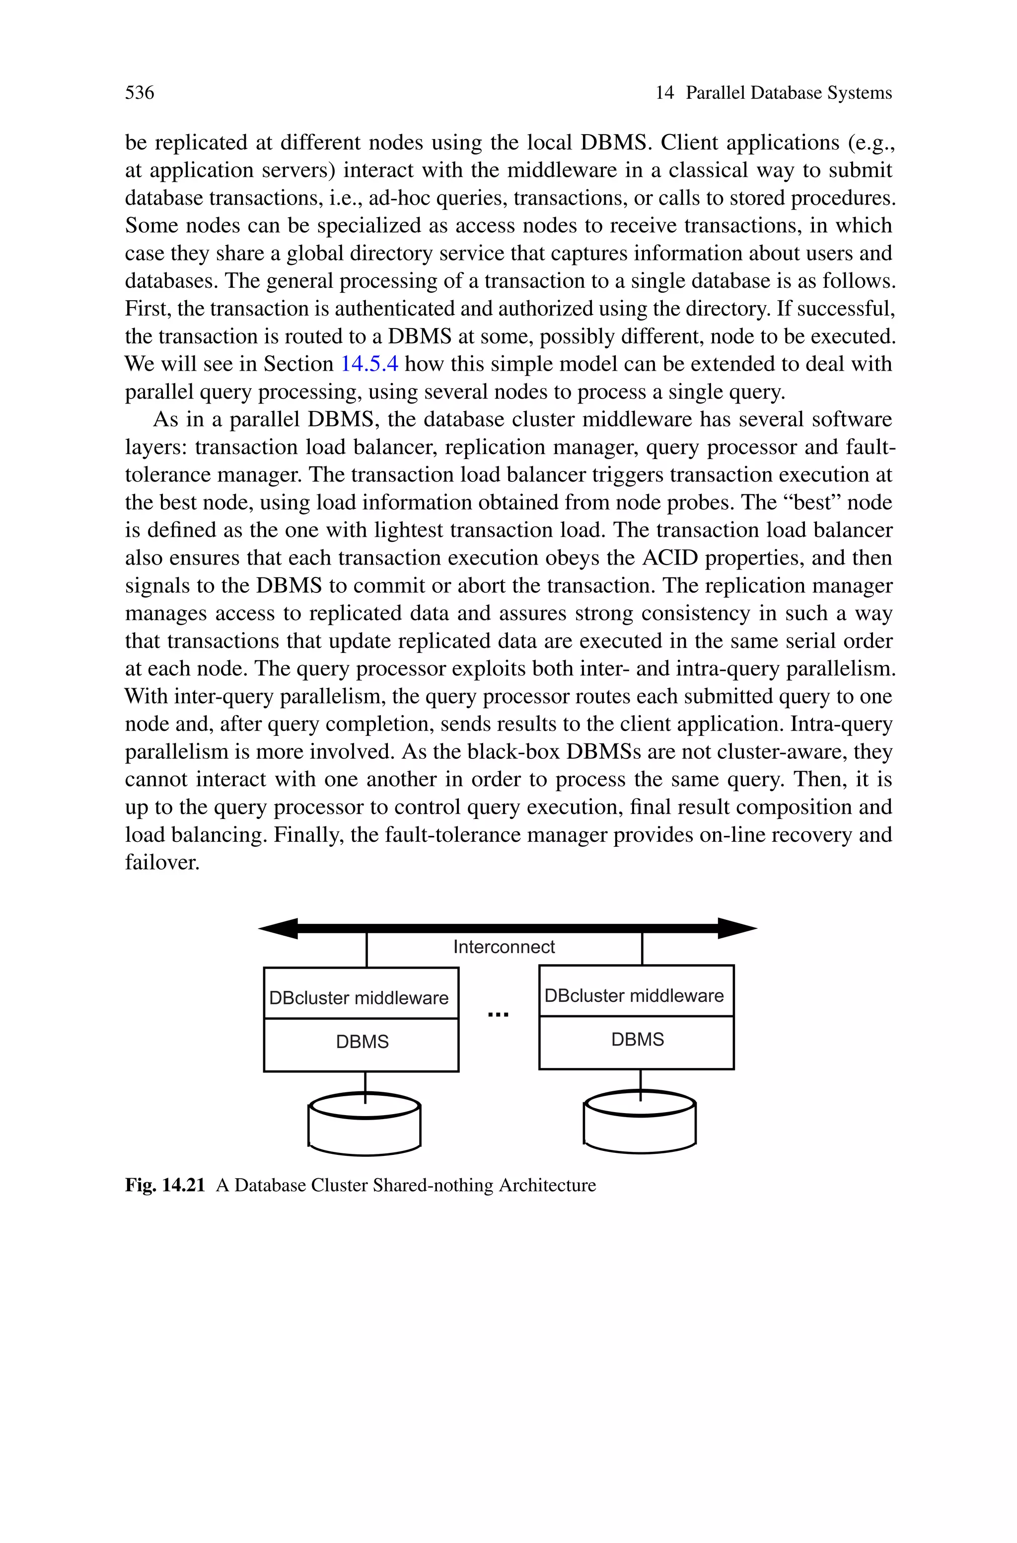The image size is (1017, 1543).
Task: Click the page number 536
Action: click(140, 93)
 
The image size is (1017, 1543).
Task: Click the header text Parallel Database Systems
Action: click(788, 93)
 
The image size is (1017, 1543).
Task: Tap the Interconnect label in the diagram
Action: click(504, 947)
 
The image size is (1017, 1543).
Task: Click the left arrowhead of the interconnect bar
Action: click(279, 928)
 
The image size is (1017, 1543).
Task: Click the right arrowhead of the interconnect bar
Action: click(737, 928)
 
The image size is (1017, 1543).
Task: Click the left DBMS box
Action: click(362, 1042)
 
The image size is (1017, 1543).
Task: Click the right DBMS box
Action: click(638, 1040)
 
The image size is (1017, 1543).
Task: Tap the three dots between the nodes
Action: click(498, 1014)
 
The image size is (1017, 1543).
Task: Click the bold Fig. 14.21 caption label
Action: click(165, 1186)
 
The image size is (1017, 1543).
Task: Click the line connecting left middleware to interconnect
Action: click(367, 951)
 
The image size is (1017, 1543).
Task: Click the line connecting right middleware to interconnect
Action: click(642, 949)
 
